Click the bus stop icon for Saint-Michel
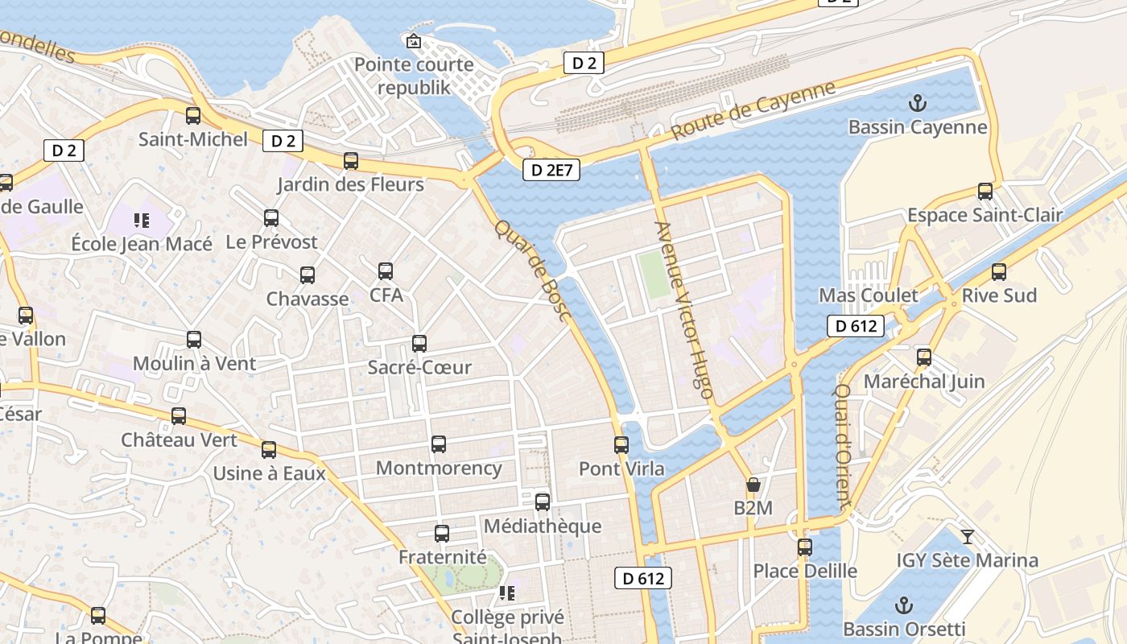pos(193,116)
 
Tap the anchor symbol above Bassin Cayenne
pos(917,103)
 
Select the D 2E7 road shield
pos(551,170)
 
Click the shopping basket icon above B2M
pos(753,485)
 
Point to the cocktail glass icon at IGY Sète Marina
pos(968,536)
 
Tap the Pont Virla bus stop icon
pos(621,445)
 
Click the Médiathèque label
pos(543,526)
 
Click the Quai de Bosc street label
pos(533,271)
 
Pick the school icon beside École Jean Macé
pos(142,220)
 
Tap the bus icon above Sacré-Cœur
pos(419,344)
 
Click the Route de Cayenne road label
pos(753,111)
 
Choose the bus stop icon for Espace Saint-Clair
pos(985,192)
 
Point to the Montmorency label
pos(439,468)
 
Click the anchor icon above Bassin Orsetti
pos(903,605)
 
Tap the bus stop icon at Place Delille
pos(805,547)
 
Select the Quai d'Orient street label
pos(843,447)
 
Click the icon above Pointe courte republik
pos(414,41)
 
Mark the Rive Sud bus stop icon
pos(999,272)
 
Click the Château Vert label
pos(180,440)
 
